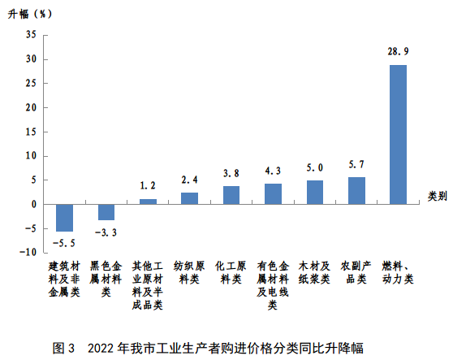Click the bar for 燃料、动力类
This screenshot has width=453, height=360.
[x=398, y=134]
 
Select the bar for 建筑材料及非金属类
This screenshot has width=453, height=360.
[x=64, y=218]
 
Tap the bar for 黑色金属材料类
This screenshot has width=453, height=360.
[x=106, y=212]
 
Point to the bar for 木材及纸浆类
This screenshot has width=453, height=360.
[x=315, y=193]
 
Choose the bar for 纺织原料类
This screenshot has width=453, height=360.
[x=189, y=198]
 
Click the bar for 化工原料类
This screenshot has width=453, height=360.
[x=231, y=195]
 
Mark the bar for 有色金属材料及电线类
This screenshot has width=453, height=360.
[x=273, y=194]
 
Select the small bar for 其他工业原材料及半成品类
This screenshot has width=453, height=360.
[x=148, y=202]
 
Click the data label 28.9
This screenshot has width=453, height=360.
[x=398, y=51]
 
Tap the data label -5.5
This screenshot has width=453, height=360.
[x=63, y=243]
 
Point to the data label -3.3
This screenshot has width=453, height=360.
[x=106, y=232]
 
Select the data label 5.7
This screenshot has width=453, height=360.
[x=356, y=164]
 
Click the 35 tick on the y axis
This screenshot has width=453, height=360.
[x=31, y=35]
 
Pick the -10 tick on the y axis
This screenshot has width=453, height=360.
[x=28, y=253]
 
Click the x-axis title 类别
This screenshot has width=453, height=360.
[x=438, y=196]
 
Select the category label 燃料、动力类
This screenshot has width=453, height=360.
[x=398, y=272]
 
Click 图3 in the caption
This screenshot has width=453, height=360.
[x=64, y=348]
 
